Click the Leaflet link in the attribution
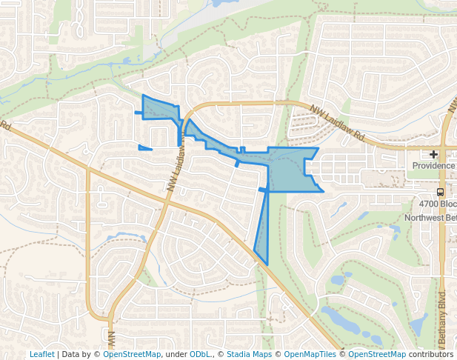click(x=41, y=354)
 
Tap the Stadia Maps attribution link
click(x=250, y=354)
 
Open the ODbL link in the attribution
click(x=200, y=354)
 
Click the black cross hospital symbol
click(x=434, y=154)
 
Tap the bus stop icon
click(x=441, y=192)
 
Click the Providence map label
click(x=433, y=165)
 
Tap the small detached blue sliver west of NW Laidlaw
click(x=144, y=148)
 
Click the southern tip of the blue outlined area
click(x=267, y=264)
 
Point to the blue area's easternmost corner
click(x=323, y=191)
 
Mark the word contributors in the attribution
click(x=431, y=354)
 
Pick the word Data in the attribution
click(x=72, y=354)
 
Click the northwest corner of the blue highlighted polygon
click(x=142, y=96)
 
